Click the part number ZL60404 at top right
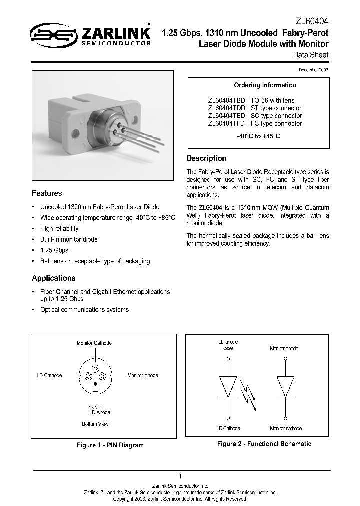tap(311, 22)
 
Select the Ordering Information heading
tap(265, 85)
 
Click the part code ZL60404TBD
tap(226, 100)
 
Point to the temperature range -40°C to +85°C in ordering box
tap(258, 136)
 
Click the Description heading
tap(206, 158)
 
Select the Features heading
tap(47, 193)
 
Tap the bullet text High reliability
tap(59, 228)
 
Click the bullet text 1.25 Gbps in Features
tap(54, 250)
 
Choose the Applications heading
tap(53, 278)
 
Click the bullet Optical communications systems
tap(84, 309)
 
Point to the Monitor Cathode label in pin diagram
tap(94, 343)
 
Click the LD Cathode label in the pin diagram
tap(49, 375)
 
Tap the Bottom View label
tap(95, 424)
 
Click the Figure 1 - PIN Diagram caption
tap(110, 445)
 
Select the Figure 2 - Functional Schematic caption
tap(264, 444)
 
